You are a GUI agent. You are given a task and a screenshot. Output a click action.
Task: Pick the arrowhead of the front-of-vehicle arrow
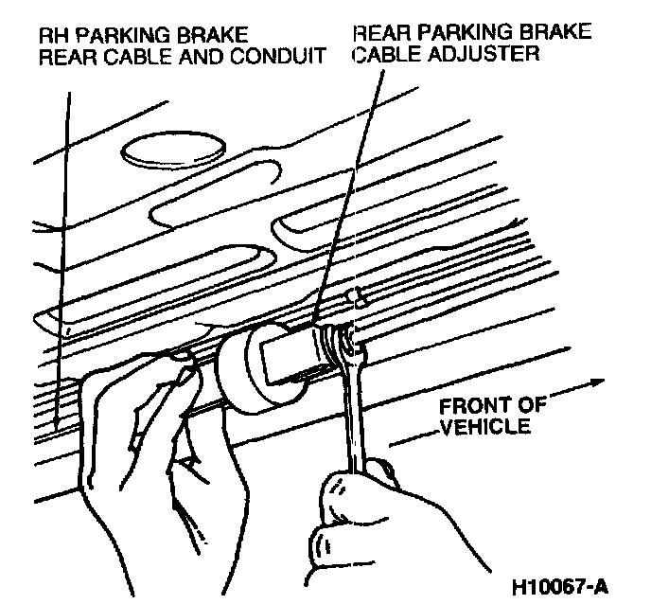tap(595, 382)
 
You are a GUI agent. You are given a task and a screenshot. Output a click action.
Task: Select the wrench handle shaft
tap(353, 417)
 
